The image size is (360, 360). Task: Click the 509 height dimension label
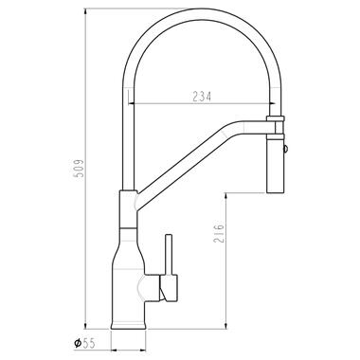click(79, 169)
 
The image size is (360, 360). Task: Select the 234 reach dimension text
click(202, 97)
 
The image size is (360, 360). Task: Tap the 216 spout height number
click(219, 233)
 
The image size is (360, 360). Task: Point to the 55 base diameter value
click(89, 343)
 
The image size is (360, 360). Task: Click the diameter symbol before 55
click(78, 343)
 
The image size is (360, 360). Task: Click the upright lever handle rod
click(169, 255)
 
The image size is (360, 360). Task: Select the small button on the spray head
click(286, 149)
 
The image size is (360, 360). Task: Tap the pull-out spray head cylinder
click(276, 165)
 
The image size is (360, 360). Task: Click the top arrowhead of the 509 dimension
click(85, 11)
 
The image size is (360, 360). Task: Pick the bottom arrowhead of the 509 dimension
click(85, 326)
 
